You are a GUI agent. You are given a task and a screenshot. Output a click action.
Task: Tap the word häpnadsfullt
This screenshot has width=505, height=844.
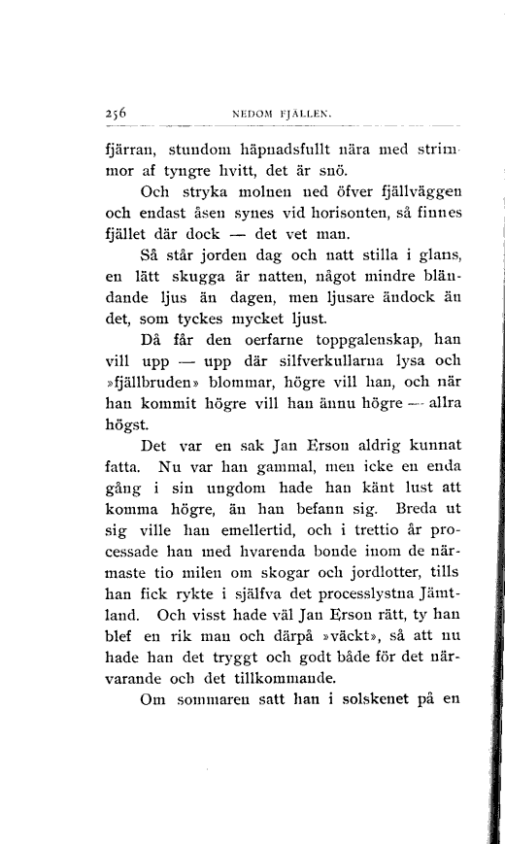tap(277, 151)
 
